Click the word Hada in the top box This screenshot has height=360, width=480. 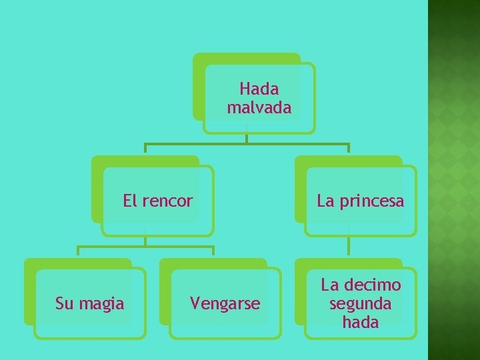(x=259, y=89)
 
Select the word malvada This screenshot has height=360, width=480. (x=259, y=107)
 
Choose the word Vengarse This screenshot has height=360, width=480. (x=225, y=304)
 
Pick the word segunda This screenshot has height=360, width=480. (x=360, y=304)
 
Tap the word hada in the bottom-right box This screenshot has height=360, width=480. (x=360, y=323)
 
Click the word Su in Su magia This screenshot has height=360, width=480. (x=63, y=304)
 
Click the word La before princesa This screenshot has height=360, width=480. (x=325, y=201)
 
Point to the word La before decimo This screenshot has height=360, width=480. (x=330, y=285)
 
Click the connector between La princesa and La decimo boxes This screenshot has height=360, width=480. (x=349, y=247)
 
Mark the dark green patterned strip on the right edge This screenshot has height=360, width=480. (x=453, y=180)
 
